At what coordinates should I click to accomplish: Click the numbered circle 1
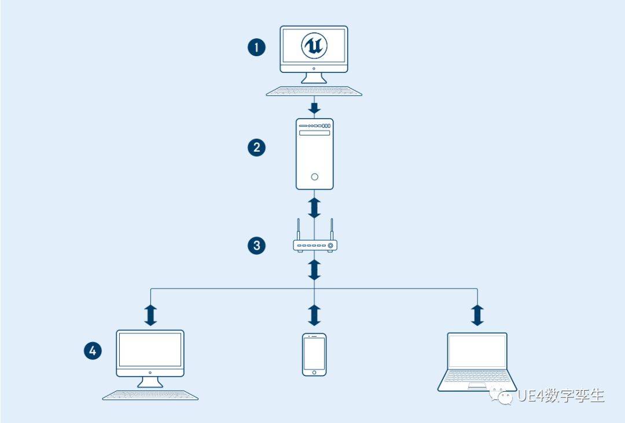point(256,47)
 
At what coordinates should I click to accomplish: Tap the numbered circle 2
point(256,147)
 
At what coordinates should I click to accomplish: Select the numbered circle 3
point(256,245)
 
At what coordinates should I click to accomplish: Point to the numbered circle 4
point(93,351)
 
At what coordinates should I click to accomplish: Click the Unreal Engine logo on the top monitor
point(314,46)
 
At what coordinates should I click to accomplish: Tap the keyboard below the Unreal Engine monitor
point(314,91)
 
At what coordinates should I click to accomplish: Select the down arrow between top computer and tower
point(314,108)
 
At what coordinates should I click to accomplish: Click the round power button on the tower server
point(314,176)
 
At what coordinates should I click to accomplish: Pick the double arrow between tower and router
point(314,207)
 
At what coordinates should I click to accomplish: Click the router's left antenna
point(298,229)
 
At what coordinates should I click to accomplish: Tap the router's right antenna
point(331,229)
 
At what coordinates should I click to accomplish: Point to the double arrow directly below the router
point(314,270)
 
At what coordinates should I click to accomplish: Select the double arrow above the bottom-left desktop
point(150,315)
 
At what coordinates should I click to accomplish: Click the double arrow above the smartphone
point(314,315)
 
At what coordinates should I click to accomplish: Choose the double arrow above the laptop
point(477,315)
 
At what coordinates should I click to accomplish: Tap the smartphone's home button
point(314,373)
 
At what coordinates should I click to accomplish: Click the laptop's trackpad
point(477,385)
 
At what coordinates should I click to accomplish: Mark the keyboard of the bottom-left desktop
point(150,395)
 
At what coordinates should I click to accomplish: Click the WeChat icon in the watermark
point(501,396)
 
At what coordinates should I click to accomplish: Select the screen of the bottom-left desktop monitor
point(150,350)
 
